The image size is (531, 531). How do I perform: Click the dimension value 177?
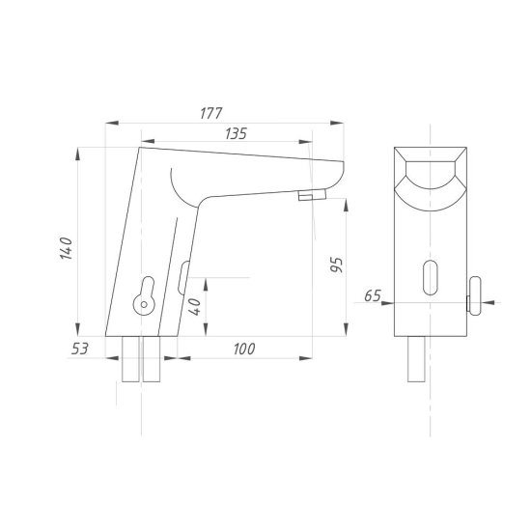211,113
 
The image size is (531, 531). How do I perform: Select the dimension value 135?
236,133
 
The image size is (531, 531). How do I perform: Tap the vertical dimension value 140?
67,248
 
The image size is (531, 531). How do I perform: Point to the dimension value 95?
337,265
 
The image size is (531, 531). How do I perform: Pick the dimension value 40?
195,307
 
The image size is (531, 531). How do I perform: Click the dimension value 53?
80,349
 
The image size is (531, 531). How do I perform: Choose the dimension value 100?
244,349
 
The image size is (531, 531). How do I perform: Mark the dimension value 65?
373,296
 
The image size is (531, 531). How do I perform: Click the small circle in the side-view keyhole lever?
144,304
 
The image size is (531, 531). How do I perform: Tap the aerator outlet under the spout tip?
312,195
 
